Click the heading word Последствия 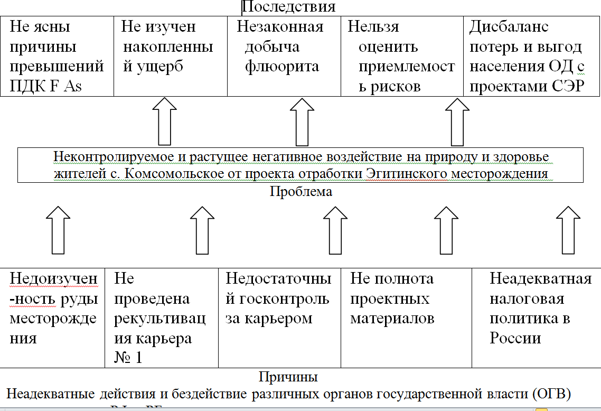[288, 7]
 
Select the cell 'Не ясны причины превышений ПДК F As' [57, 57]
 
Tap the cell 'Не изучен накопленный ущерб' [170, 57]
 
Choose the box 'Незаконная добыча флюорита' [284, 57]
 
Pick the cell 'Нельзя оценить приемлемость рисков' [402, 57]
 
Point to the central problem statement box [300, 165]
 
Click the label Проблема [300, 192]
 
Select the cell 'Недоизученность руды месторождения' [53, 317]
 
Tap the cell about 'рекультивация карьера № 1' [162, 317]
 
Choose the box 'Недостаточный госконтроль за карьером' [279, 317]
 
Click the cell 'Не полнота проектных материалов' [406, 317]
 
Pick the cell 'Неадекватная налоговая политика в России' [536, 317]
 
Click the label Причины [288, 377]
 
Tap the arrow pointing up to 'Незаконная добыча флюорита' [302, 121]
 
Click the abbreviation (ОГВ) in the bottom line [555, 394]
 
